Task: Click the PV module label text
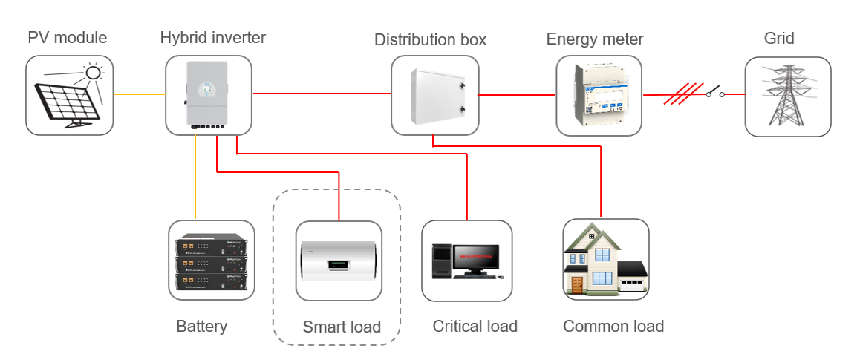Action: tap(67, 38)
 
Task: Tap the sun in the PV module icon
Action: tap(93, 73)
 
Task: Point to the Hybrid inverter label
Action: tap(212, 37)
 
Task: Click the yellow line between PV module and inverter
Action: tap(139, 94)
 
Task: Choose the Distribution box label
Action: tap(430, 40)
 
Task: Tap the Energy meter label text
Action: tap(594, 39)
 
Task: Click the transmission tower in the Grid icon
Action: tap(787, 96)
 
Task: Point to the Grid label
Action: tap(779, 38)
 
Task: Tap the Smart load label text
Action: tap(342, 327)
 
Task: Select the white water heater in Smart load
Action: tap(339, 262)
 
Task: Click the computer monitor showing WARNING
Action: tap(475, 260)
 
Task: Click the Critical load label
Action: tap(475, 327)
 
